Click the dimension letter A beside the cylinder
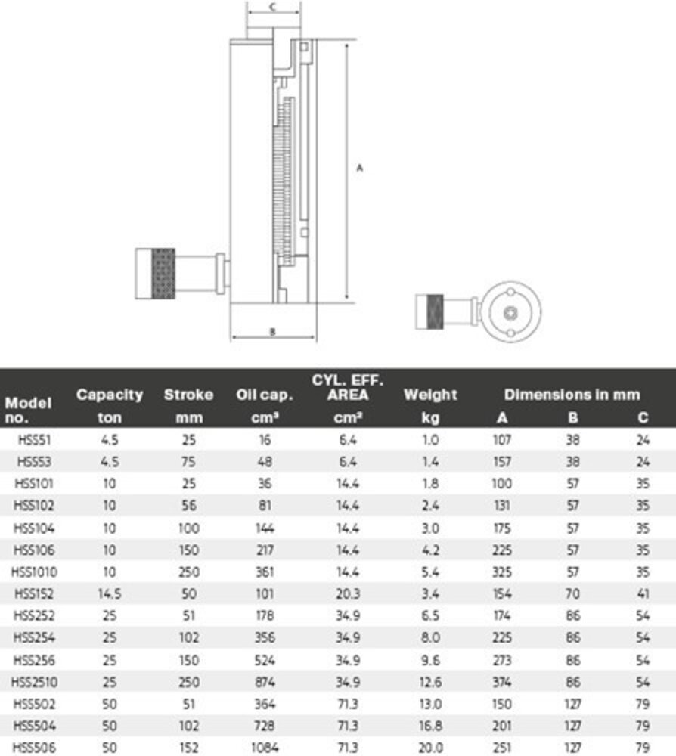(360, 168)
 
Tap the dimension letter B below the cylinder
(271, 331)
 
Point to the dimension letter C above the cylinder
(273, 6)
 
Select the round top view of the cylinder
(509, 311)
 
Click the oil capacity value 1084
(266, 747)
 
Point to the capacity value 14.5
(110, 593)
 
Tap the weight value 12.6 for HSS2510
(430, 682)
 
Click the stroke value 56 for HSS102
(188, 504)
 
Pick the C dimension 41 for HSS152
(642, 593)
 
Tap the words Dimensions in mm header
(572, 394)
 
